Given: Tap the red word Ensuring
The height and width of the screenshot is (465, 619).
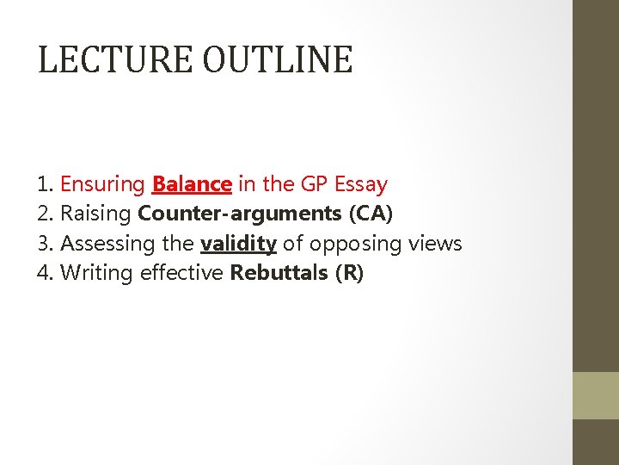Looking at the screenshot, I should [103, 185].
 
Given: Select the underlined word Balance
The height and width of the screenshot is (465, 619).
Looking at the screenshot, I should [192, 184].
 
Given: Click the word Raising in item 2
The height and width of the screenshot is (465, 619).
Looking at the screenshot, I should [96, 214].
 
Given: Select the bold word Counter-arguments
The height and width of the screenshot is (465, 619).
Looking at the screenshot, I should [239, 214].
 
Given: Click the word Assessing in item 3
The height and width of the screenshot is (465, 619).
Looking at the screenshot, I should [108, 245].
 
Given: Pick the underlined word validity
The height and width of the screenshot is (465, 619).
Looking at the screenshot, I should [238, 245].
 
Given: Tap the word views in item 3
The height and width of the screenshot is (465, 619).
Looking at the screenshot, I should [437, 245].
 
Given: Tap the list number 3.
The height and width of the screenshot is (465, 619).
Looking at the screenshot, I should [45, 245].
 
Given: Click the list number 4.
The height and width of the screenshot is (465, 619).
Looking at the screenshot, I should [45, 274].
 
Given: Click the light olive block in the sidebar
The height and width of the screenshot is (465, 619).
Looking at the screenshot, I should [596, 395].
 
